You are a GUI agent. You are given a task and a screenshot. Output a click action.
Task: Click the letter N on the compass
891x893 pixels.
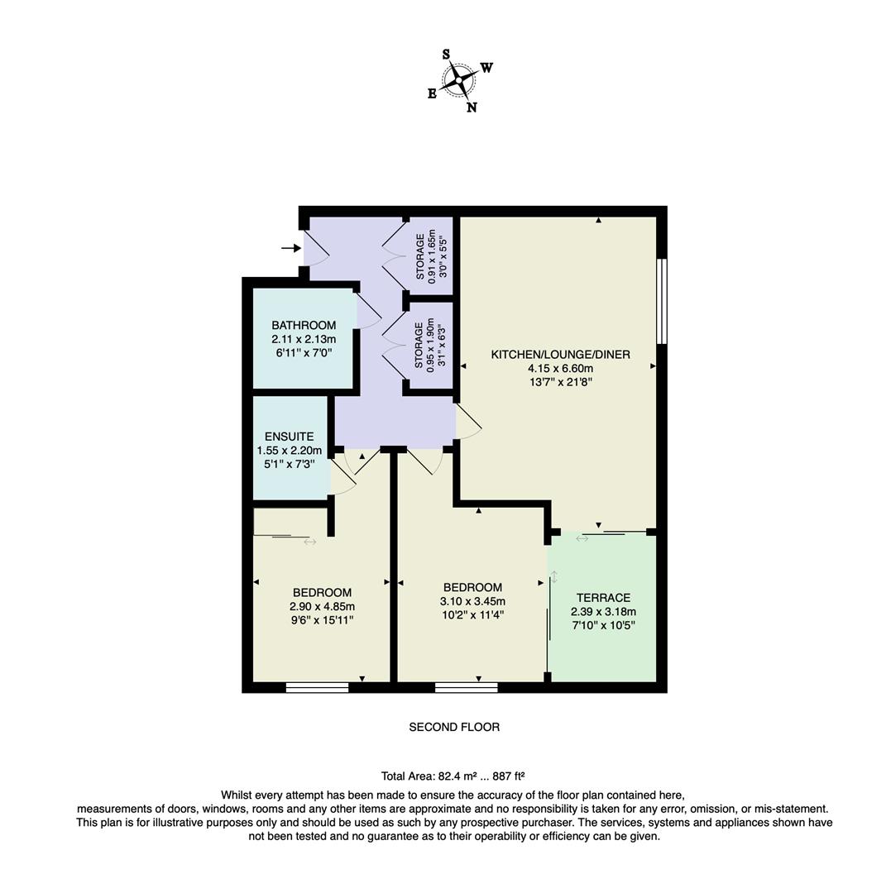(472, 107)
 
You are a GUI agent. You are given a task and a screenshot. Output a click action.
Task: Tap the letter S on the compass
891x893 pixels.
(446, 55)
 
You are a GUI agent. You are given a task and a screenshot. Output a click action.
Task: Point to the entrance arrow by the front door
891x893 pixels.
(290, 248)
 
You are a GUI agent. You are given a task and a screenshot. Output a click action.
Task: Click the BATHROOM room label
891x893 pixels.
(304, 325)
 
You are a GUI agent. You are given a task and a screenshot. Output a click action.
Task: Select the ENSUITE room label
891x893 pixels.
(289, 437)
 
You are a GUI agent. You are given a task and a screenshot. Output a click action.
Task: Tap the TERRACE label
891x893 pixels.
(603, 598)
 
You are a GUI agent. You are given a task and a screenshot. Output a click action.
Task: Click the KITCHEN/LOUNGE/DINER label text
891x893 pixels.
(560, 355)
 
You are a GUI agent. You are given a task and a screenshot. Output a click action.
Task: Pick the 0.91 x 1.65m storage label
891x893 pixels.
(432, 257)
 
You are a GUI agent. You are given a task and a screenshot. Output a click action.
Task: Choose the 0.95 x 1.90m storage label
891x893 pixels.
(431, 346)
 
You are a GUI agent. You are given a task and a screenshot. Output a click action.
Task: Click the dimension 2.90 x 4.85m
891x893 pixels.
(322, 606)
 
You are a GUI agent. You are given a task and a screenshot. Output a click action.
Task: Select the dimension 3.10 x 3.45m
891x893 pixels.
(472, 601)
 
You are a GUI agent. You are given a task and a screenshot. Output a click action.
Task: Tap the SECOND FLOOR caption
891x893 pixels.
(454, 728)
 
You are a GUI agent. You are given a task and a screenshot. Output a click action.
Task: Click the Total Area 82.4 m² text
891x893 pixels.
(453, 776)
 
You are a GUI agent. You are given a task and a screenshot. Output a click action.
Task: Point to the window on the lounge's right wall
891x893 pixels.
(661, 301)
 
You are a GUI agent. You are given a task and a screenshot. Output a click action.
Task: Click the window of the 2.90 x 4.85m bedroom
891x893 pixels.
(317, 686)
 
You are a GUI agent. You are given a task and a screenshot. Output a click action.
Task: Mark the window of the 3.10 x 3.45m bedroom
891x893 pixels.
(466, 686)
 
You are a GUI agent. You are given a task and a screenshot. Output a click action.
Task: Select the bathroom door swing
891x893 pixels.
(368, 311)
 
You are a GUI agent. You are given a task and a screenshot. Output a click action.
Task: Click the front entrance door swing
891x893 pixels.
(315, 249)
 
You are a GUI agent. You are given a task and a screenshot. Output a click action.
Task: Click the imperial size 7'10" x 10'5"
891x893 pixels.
(603, 626)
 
